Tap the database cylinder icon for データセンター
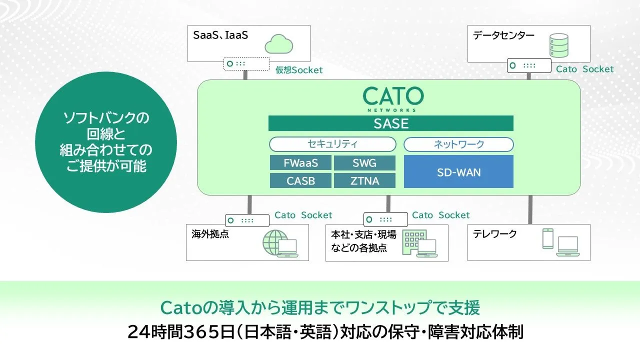[559, 45]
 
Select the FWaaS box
[300, 163]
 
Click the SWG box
[364, 163]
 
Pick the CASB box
[300, 180]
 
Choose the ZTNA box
[364, 180]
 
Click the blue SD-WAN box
[458, 171]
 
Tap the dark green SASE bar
[391, 123]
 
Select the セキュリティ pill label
[332, 144]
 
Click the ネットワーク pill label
[458, 144]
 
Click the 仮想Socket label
[299, 70]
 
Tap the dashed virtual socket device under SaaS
[246, 63]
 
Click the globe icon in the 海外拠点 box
[275, 242]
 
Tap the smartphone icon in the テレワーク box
[547, 238]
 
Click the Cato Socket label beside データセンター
[584, 69]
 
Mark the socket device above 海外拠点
[247, 220]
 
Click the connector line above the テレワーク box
[530, 209]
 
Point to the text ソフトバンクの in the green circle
[106, 117]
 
